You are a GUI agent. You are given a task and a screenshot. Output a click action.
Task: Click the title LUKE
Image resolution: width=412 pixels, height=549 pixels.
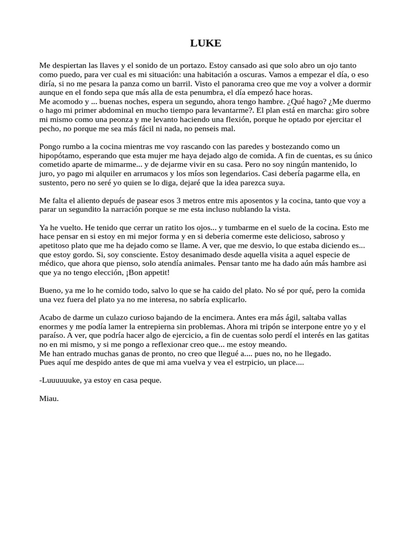pyautogui.click(x=205, y=43)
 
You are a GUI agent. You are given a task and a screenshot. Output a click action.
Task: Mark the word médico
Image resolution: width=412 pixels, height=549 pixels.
pyautogui.click(x=52, y=263)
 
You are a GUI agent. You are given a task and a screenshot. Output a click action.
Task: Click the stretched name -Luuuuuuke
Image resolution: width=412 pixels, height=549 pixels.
pyautogui.click(x=61, y=380)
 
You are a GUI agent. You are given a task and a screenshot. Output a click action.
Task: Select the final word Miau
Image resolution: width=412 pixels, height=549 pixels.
pyautogui.click(x=49, y=398)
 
